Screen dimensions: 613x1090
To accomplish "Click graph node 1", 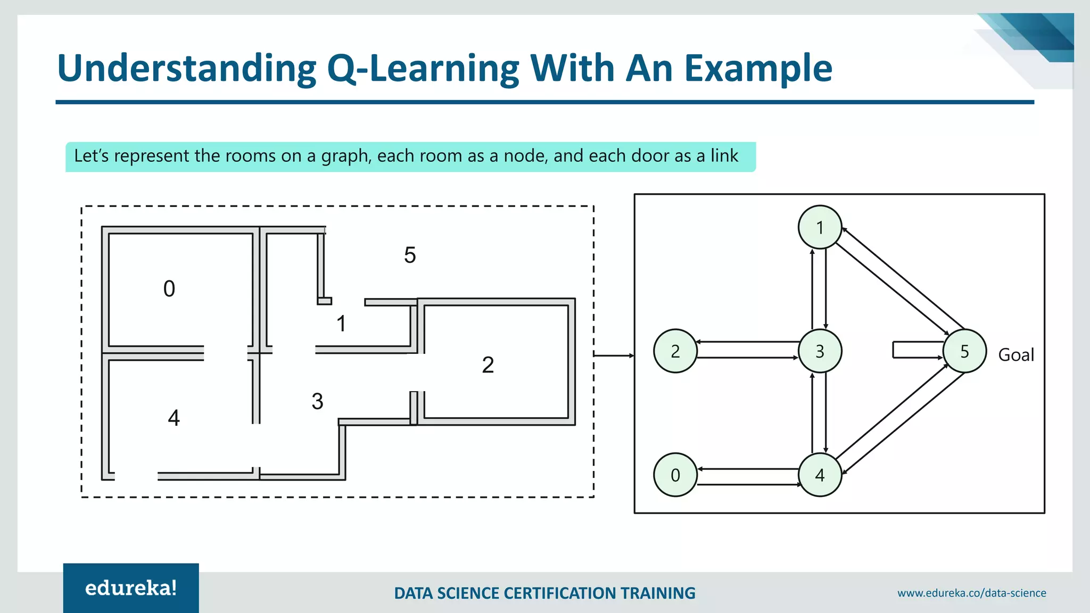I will (820, 227).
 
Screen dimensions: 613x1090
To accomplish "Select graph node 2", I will (675, 351).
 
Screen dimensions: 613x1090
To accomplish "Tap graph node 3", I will (820, 351).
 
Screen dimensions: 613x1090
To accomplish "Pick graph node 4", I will (820, 475).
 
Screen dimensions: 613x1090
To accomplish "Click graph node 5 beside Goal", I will (964, 351).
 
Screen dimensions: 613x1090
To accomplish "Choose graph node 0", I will (675, 475).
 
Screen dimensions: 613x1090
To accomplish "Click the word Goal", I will (1015, 354).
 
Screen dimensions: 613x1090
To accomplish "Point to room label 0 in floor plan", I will (169, 289).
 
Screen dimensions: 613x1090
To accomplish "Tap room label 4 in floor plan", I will (174, 418).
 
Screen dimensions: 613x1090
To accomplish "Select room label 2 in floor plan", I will (488, 365).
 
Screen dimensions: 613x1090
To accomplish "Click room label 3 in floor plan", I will (317, 401).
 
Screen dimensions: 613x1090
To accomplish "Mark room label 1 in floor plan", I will (341, 324).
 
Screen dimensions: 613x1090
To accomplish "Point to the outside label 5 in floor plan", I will (409, 255).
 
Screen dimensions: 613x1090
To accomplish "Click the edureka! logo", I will (131, 588).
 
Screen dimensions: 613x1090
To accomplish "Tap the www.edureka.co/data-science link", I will (971, 593).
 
